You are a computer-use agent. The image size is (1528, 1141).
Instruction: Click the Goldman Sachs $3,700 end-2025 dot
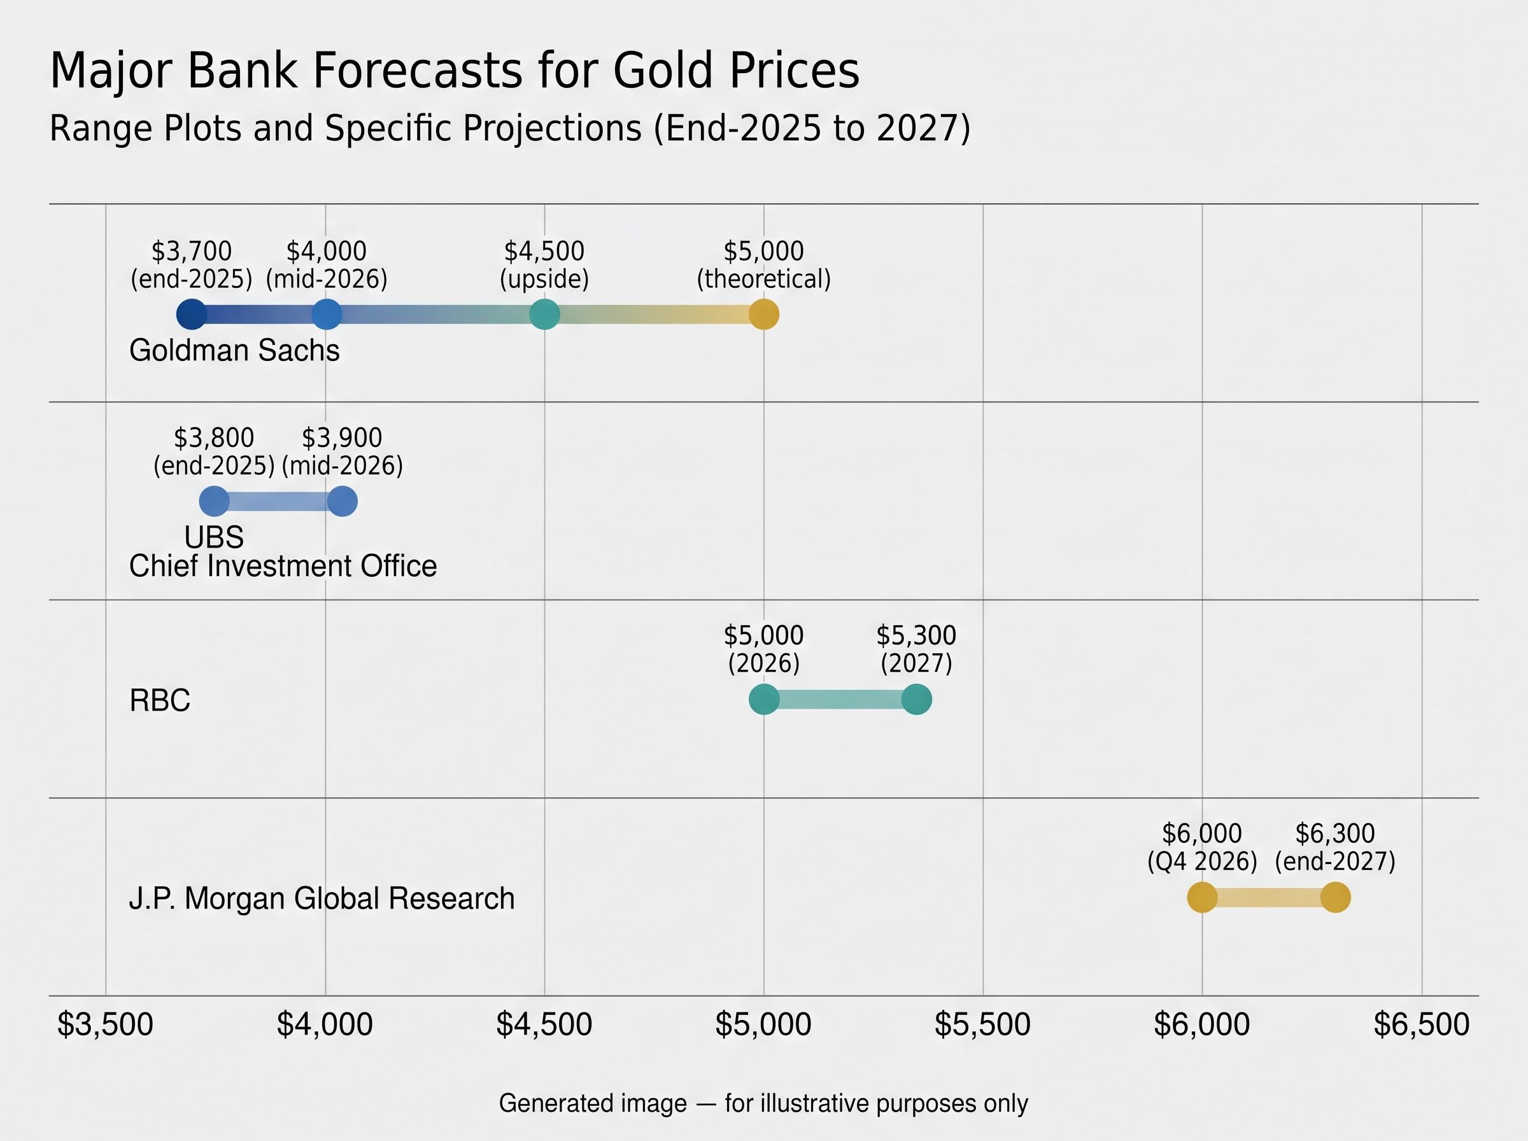click(191, 315)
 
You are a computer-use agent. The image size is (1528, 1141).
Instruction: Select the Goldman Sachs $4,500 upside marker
click(544, 315)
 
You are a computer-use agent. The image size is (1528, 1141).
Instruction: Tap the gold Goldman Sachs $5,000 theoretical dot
click(763, 315)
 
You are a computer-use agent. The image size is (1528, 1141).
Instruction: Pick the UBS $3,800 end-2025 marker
click(214, 502)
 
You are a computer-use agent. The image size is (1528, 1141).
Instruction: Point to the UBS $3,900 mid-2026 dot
click(342, 502)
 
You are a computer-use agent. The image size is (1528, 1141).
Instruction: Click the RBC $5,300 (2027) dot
click(916, 700)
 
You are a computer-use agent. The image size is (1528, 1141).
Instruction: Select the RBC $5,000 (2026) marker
click(763, 700)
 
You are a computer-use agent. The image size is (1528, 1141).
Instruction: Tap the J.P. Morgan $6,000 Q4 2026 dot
click(1202, 898)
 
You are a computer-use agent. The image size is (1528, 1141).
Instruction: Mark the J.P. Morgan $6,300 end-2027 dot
click(1335, 898)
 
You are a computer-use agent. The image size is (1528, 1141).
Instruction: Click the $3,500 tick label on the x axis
click(105, 1024)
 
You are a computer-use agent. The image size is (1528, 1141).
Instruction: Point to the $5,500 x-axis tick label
click(982, 1024)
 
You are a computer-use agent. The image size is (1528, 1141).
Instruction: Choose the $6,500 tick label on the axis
click(1422, 1024)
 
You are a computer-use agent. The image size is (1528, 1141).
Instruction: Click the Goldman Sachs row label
click(235, 351)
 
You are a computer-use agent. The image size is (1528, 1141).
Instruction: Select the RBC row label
click(160, 700)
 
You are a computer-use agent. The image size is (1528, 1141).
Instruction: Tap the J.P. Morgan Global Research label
click(322, 898)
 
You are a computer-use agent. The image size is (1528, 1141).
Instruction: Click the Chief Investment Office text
click(283, 566)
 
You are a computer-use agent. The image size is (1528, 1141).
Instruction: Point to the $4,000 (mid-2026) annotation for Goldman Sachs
click(327, 264)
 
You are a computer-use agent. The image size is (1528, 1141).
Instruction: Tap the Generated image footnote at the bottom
click(763, 1103)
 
